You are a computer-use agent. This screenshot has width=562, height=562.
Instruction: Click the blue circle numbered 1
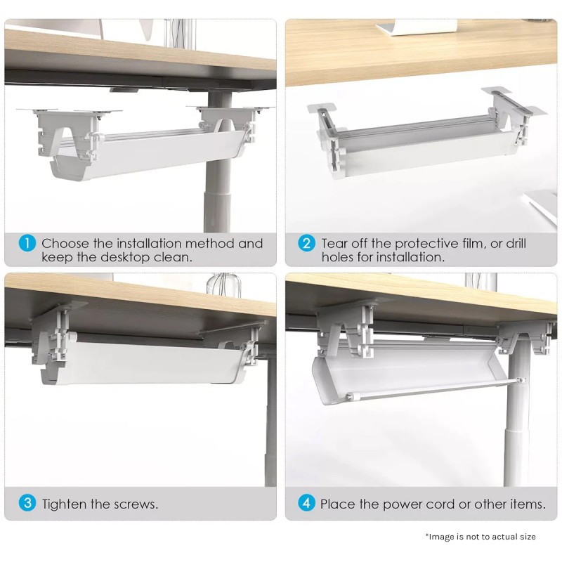tap(27, 243)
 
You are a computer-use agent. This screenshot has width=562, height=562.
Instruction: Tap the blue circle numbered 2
tap(306, 243)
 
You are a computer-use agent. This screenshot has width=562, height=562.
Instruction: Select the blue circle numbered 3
tap(27, 503)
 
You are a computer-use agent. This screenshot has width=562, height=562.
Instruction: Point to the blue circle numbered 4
tap(306, 503)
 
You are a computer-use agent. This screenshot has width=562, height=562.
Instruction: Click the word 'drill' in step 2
tap(516, 243)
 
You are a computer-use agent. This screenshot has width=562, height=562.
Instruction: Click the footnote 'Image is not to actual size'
tap(481, 537)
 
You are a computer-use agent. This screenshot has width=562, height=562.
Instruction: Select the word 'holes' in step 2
tap(337, 257)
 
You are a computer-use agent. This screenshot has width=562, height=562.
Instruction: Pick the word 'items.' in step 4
tap(528, 504)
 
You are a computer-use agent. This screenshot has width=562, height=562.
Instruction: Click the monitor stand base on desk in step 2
tap(417, 27)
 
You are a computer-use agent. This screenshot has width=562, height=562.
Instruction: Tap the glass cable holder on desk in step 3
tap(223, 285)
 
